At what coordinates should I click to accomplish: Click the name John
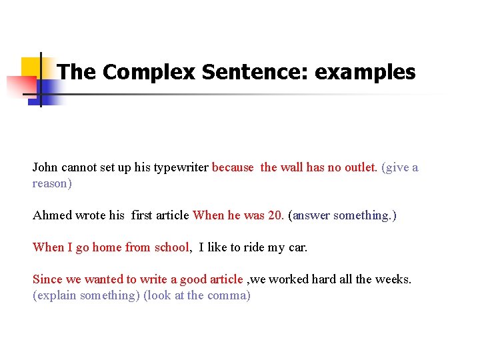point(45,167)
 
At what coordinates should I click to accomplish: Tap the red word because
point(233,167)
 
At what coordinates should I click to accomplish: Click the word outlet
point(360,167)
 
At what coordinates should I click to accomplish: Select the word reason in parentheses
point(51,183)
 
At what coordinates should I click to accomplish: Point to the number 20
point(277,215)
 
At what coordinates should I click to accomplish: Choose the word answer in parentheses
point(311,215)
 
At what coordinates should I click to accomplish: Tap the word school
point(171,247)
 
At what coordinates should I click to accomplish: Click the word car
point(297,247)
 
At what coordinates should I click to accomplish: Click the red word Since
point(47,279)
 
